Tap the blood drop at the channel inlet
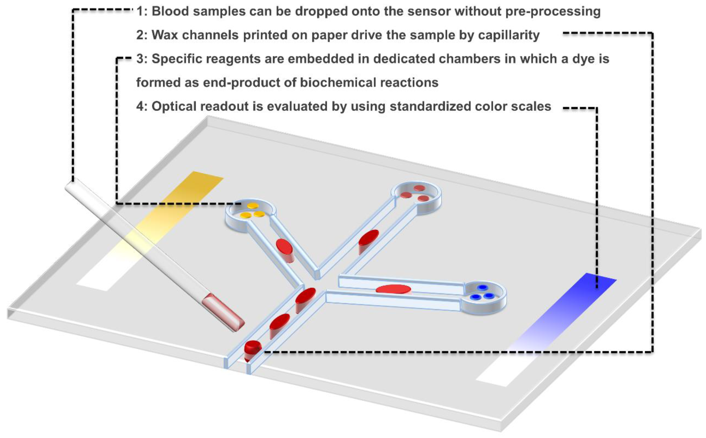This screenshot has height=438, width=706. [252, 348]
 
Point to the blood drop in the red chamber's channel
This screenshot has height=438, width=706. [368, 239]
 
